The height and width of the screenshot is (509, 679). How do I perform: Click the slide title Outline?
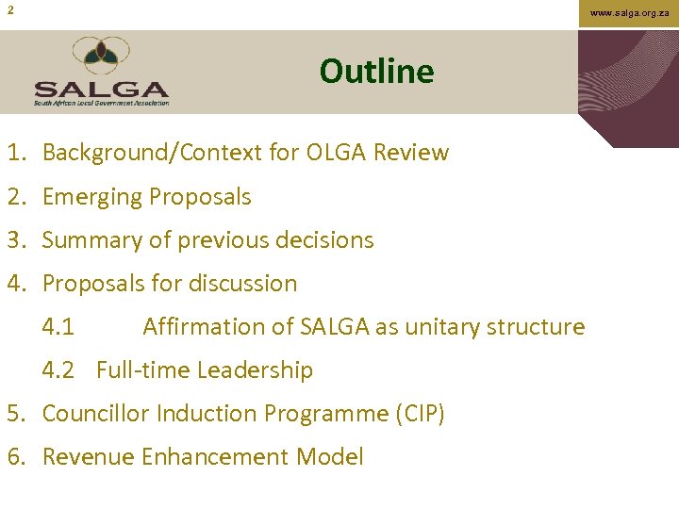376,72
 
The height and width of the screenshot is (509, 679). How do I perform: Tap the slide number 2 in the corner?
10,10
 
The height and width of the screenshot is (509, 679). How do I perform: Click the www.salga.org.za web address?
630,13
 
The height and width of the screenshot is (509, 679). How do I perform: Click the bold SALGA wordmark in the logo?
101,90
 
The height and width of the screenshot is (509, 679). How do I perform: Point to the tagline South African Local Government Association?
101,103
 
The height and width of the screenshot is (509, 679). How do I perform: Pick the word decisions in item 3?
325,240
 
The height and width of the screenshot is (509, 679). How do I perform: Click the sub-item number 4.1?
58,327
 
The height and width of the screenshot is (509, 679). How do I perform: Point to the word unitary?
461,327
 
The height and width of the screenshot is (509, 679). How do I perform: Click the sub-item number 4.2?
58,370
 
